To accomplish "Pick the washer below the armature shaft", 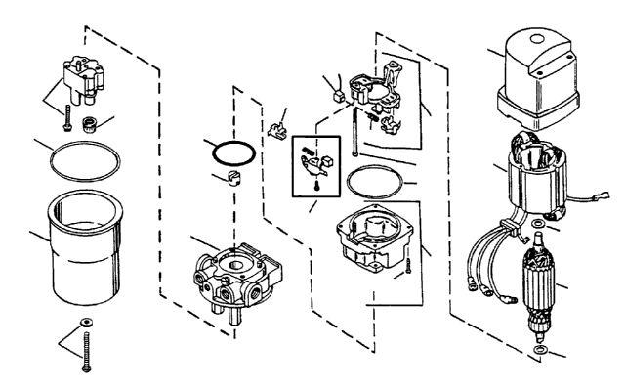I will [x=541, y=348].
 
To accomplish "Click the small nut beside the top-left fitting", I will [x=89, y=124].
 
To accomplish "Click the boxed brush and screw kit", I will [x=317, y=166].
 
